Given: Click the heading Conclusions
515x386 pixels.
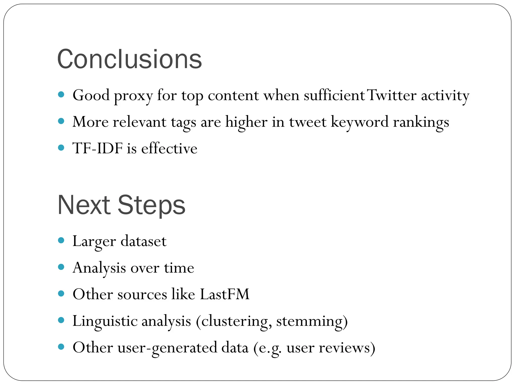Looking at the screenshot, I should tap(130, 59).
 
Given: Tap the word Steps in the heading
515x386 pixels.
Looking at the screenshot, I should tap(151, 206).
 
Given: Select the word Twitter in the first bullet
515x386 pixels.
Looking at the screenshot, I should tap(391, 96).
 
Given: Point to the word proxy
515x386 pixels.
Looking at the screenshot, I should tap(133, 96).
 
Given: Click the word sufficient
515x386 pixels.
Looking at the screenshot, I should tap(334, 95).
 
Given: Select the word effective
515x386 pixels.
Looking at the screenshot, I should tap(169, 148).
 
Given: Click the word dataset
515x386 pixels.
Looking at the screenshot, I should tap(143, 241).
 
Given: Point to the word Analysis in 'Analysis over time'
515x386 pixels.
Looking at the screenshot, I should tap(99, 268).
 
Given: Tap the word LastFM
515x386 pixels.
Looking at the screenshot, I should tap(225, 294).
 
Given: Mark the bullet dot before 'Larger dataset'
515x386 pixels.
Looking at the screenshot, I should tap(61, 240).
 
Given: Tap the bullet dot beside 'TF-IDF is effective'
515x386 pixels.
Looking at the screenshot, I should tap(61, 148).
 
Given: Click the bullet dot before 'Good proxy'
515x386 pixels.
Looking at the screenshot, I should tap(61, 95).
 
